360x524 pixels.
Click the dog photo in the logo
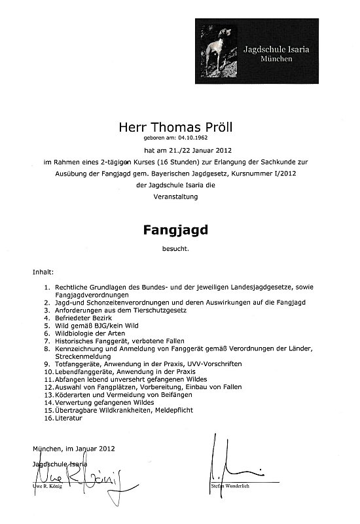[x=215, y=50]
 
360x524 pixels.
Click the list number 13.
[x=48, y=394]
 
